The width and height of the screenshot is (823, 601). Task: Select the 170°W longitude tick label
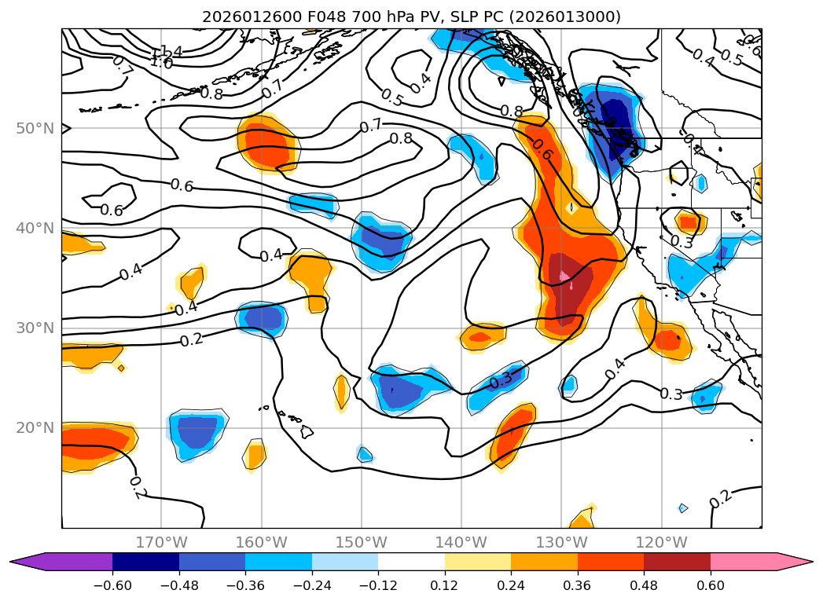tap(161, 542)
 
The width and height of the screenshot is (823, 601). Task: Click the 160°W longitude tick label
tap(261, 542)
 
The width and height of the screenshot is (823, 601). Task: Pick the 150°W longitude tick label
tap(362, 542)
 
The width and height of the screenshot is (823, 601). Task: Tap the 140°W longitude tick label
tap(461, 542)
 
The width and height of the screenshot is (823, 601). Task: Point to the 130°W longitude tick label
tap(561, 542)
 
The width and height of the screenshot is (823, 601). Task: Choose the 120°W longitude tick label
tap(661, 542)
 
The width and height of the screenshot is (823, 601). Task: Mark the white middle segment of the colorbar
tap(411, 562)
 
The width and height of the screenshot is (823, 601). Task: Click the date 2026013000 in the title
tap(568, 16)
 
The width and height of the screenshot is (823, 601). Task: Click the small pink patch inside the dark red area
tap(564, 276)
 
